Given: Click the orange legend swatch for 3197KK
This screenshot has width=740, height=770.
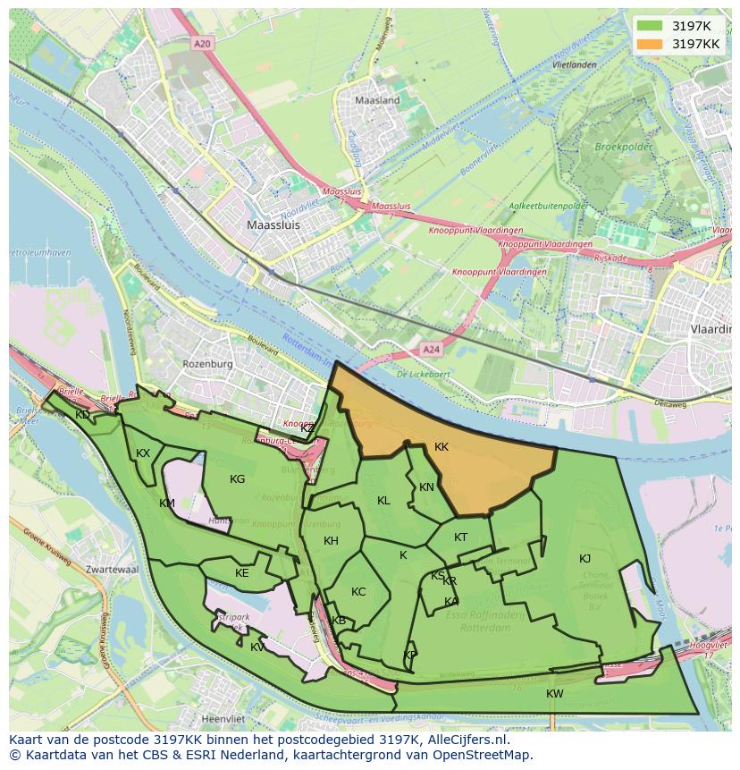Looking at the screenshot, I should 650,43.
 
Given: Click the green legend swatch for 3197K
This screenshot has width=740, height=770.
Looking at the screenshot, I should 650,25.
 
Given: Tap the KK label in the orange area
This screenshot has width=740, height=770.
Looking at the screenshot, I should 441,447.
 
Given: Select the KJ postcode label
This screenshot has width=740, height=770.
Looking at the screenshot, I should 584,559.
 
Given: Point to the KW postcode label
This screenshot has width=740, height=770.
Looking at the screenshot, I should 555,694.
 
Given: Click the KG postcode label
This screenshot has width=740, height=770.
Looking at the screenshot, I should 237,479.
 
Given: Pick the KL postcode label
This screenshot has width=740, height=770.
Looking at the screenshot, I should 383,501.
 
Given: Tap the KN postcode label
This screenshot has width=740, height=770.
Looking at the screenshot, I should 426,487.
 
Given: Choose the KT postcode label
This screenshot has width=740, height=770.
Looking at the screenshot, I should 460,537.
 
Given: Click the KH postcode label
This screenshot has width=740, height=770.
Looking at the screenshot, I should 331,541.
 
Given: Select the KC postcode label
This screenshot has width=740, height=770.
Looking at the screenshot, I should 358,592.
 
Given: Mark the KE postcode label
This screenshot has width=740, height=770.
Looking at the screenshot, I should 241,573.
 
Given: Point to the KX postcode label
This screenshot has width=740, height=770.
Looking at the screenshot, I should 143,453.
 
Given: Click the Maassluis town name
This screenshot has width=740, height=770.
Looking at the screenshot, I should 273,226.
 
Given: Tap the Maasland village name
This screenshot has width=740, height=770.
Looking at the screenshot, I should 377,101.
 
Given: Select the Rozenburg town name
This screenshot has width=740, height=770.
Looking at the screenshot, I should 207,365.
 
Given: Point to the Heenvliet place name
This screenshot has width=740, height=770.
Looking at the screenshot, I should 224,718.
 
